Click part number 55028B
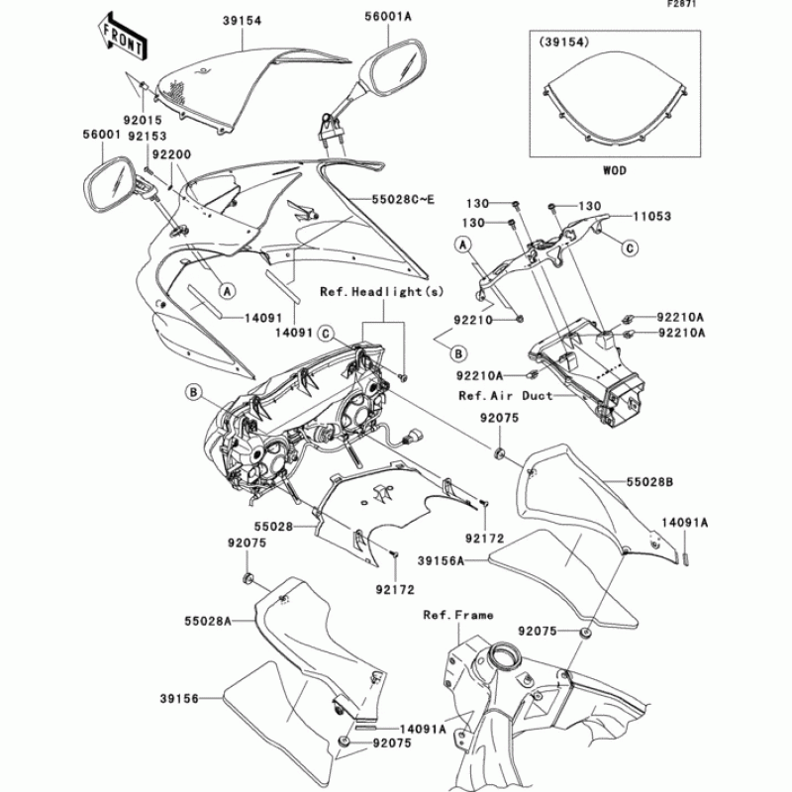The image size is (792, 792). [x=649, y=481]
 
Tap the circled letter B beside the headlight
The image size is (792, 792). [x=191, y=393]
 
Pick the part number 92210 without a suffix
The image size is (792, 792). [x=474, y=321]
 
